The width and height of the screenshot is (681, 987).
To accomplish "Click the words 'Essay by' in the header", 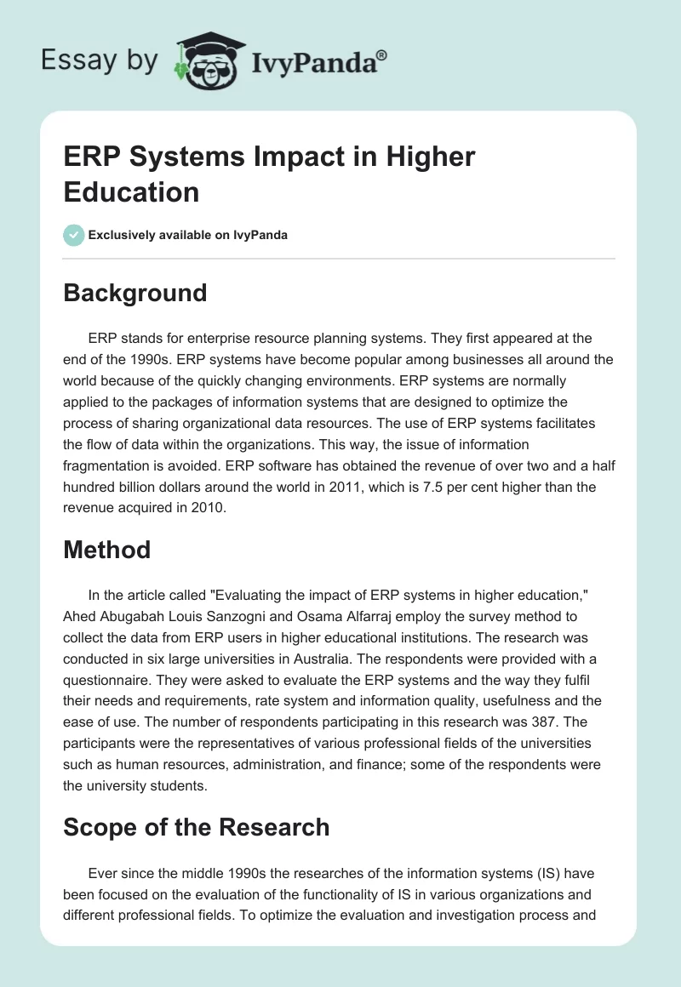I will (99, 61).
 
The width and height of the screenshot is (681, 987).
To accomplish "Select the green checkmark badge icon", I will (74, 235).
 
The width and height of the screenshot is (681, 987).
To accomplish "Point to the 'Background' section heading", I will (135, 293).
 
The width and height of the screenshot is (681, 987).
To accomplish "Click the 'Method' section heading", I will (107, 550).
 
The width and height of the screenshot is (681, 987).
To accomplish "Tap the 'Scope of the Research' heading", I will (197, 827).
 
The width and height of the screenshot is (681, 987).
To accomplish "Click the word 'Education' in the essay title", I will (131, 191).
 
